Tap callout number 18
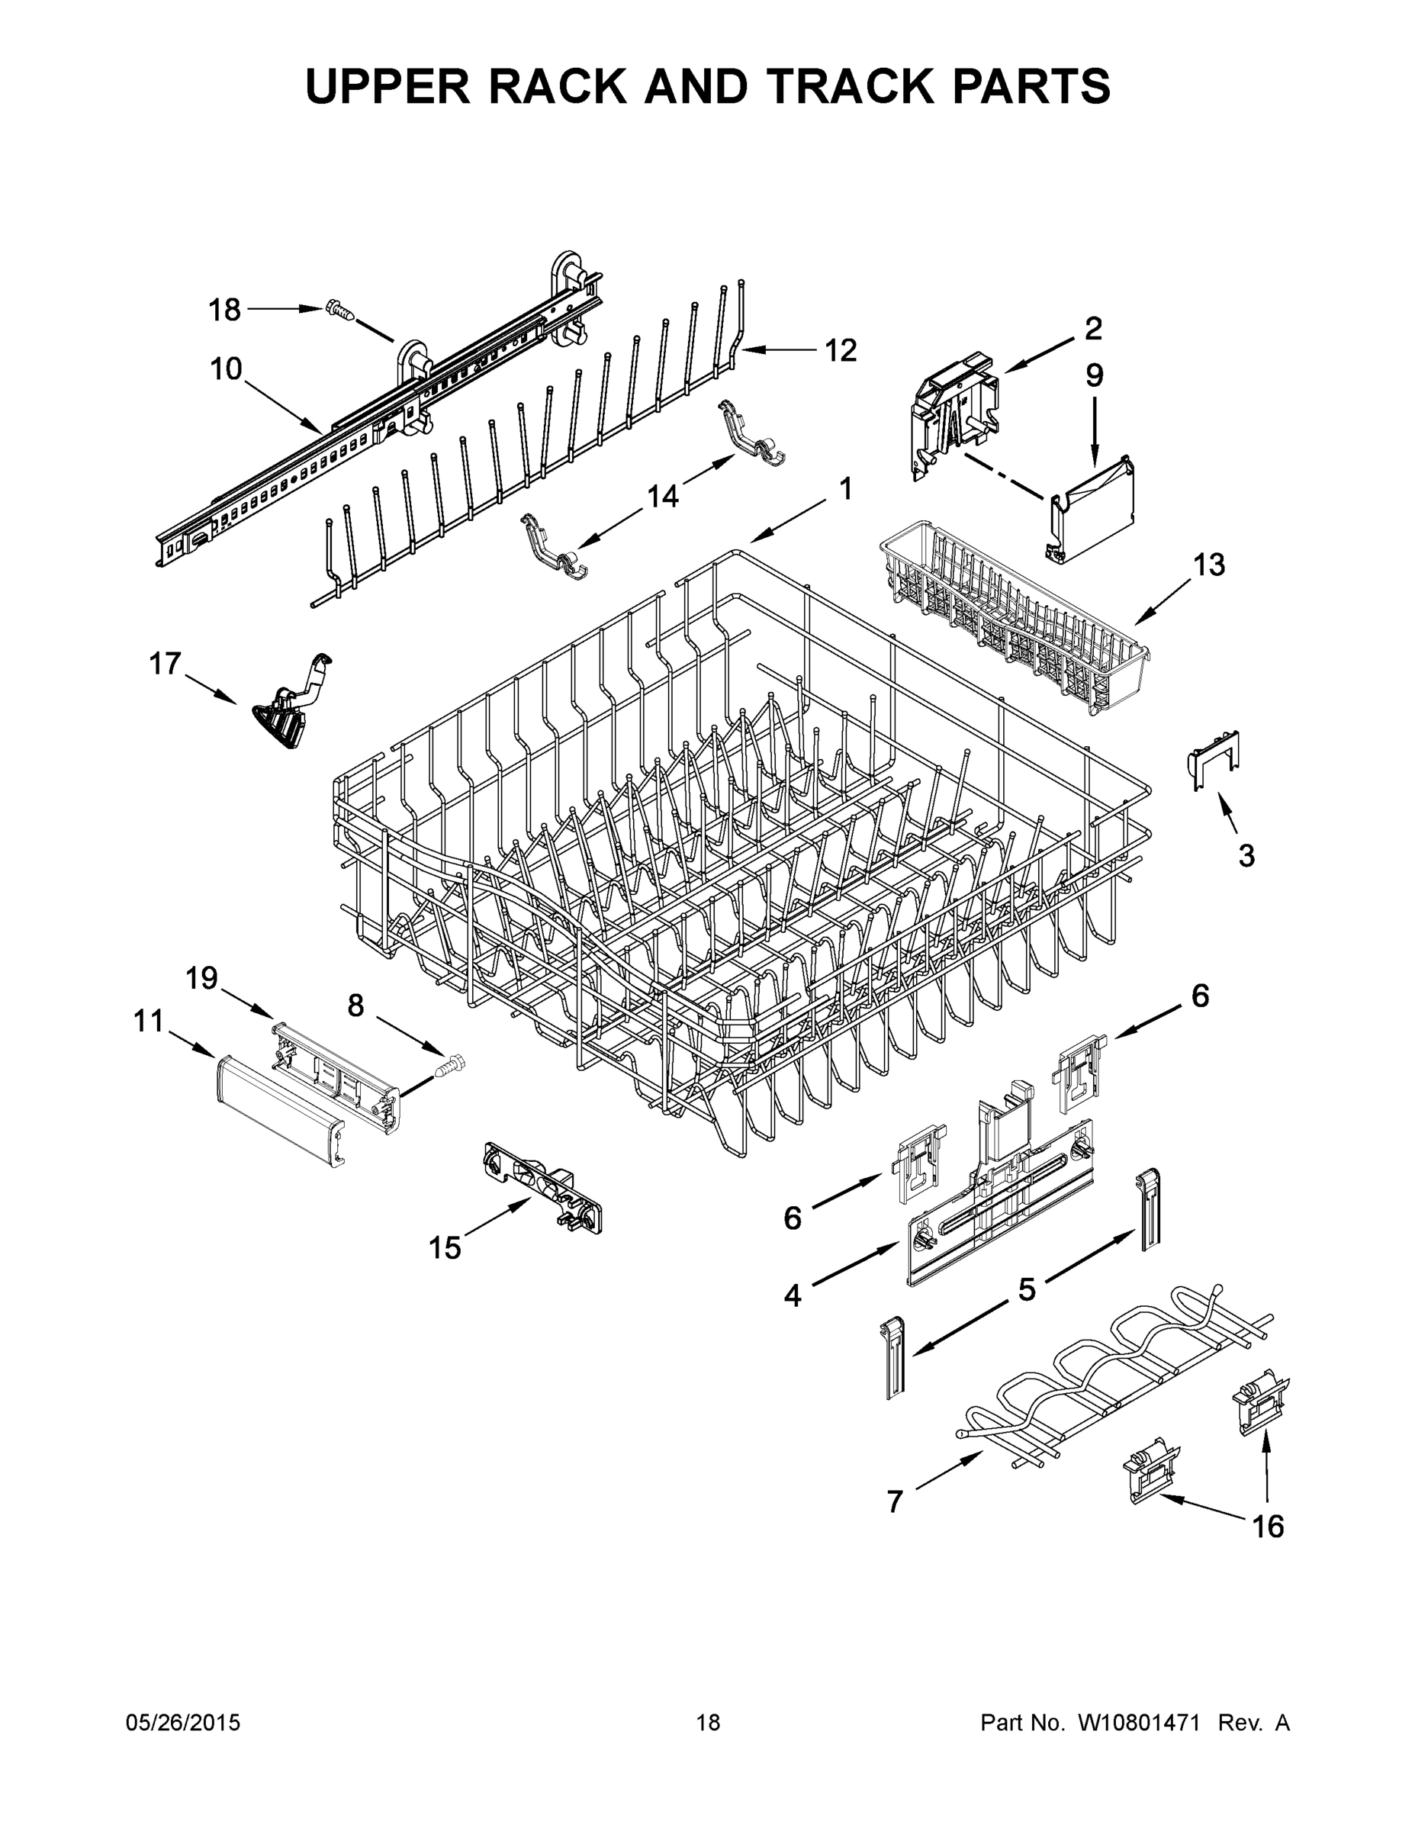click(225, 311)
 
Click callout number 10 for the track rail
click(226, 369)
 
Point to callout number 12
click(841, 349)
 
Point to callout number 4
click(792, 1296)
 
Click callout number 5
click(1027, 1289)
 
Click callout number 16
click(1268, 1526)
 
